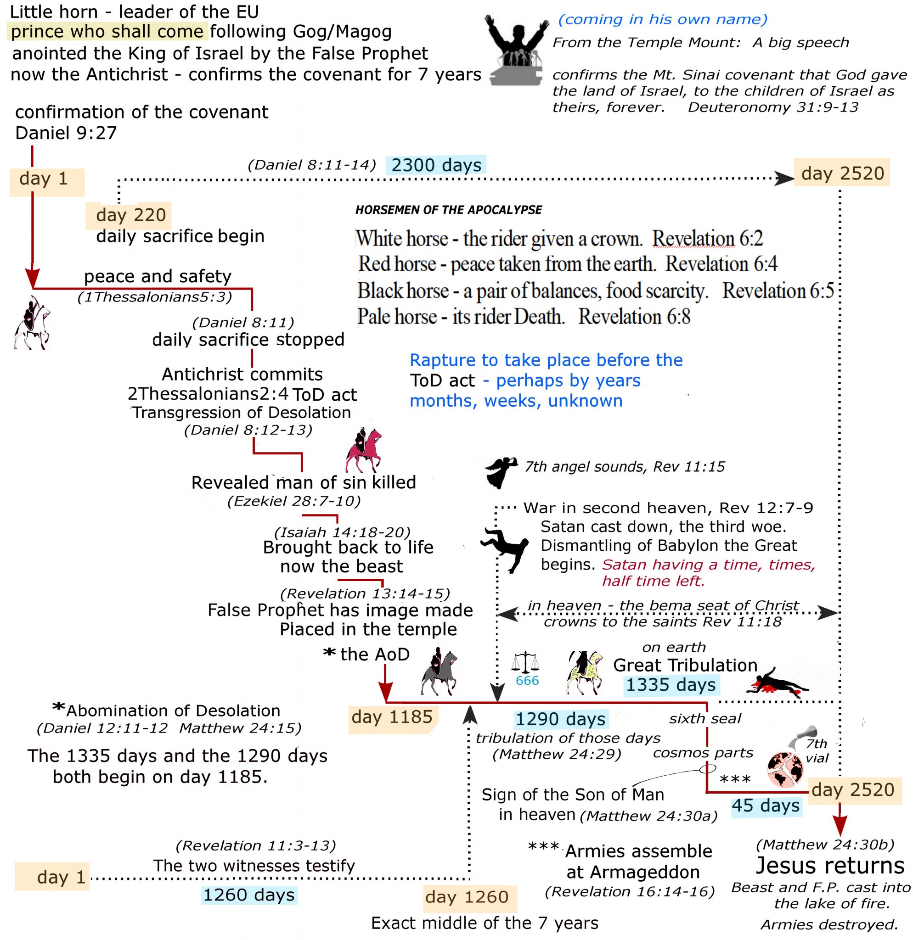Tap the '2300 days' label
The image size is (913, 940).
point(436,165)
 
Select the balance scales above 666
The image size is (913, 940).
point(525,662)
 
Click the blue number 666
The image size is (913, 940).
point(527,681)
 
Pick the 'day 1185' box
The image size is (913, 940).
point(391,717)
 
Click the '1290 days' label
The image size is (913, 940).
point(560,719)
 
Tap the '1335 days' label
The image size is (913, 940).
point(670,685)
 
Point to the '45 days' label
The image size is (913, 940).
point(766,806)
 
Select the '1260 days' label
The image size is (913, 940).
point(248,895)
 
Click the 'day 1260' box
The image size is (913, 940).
point(466,897)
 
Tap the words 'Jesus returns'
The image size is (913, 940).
point(829,866)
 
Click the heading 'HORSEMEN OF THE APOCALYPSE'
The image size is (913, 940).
point(448,210)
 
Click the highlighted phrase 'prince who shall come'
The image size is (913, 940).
point(107,32)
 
